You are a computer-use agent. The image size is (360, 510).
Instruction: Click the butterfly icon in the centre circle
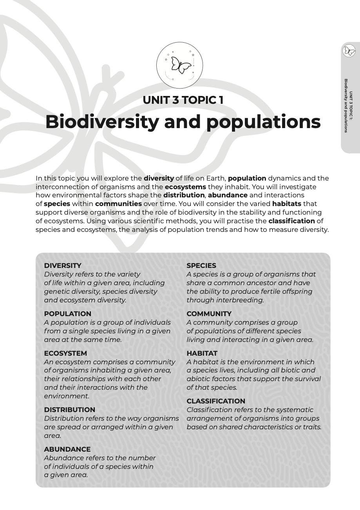click(x=180, y=65)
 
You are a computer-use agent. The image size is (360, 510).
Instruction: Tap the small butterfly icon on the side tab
click(x=349, y=51)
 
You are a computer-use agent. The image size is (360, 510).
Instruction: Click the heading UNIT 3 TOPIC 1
click(x=183, y=100)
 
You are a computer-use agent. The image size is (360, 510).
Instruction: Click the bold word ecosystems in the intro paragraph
click(x=185, y=187)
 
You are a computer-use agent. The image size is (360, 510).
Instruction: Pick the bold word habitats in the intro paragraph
click(x=286, y=204)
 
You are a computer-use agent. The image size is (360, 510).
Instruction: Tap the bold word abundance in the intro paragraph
click(x=228, y=195)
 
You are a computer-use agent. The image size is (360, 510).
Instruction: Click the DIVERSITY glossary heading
click(x=63, y=266)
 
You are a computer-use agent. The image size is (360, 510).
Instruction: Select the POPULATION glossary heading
click(x=67, y=314)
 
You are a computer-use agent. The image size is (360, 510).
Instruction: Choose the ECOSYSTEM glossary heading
click(x=65, y=353)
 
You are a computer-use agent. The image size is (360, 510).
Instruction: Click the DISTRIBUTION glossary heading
click(x=69, y=410)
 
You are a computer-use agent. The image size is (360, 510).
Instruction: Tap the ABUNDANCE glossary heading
click(x=67, y=449)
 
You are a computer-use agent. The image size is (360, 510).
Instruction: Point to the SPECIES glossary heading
click(x=201, y=266)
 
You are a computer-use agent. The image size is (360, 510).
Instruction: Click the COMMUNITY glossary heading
click(x=209, y=314)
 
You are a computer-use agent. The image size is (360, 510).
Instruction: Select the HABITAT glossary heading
click(x=202, y=353)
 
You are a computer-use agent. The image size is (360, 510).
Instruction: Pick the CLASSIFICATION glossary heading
click(x=215, y=401)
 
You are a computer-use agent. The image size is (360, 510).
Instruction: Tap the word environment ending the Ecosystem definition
click(x=66, y=396)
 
